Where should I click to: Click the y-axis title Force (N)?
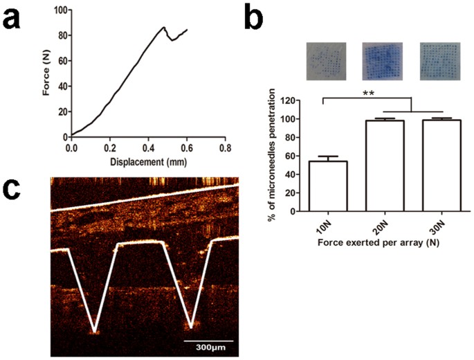pyautogui.click(x=46, y=73)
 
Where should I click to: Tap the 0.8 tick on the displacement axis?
pyautogui.click(x=224, y=147)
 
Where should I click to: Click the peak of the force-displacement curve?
pyautogui.click(x=163, y=28)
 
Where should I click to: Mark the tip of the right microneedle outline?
pyautogui.click(x=191, y=323)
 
